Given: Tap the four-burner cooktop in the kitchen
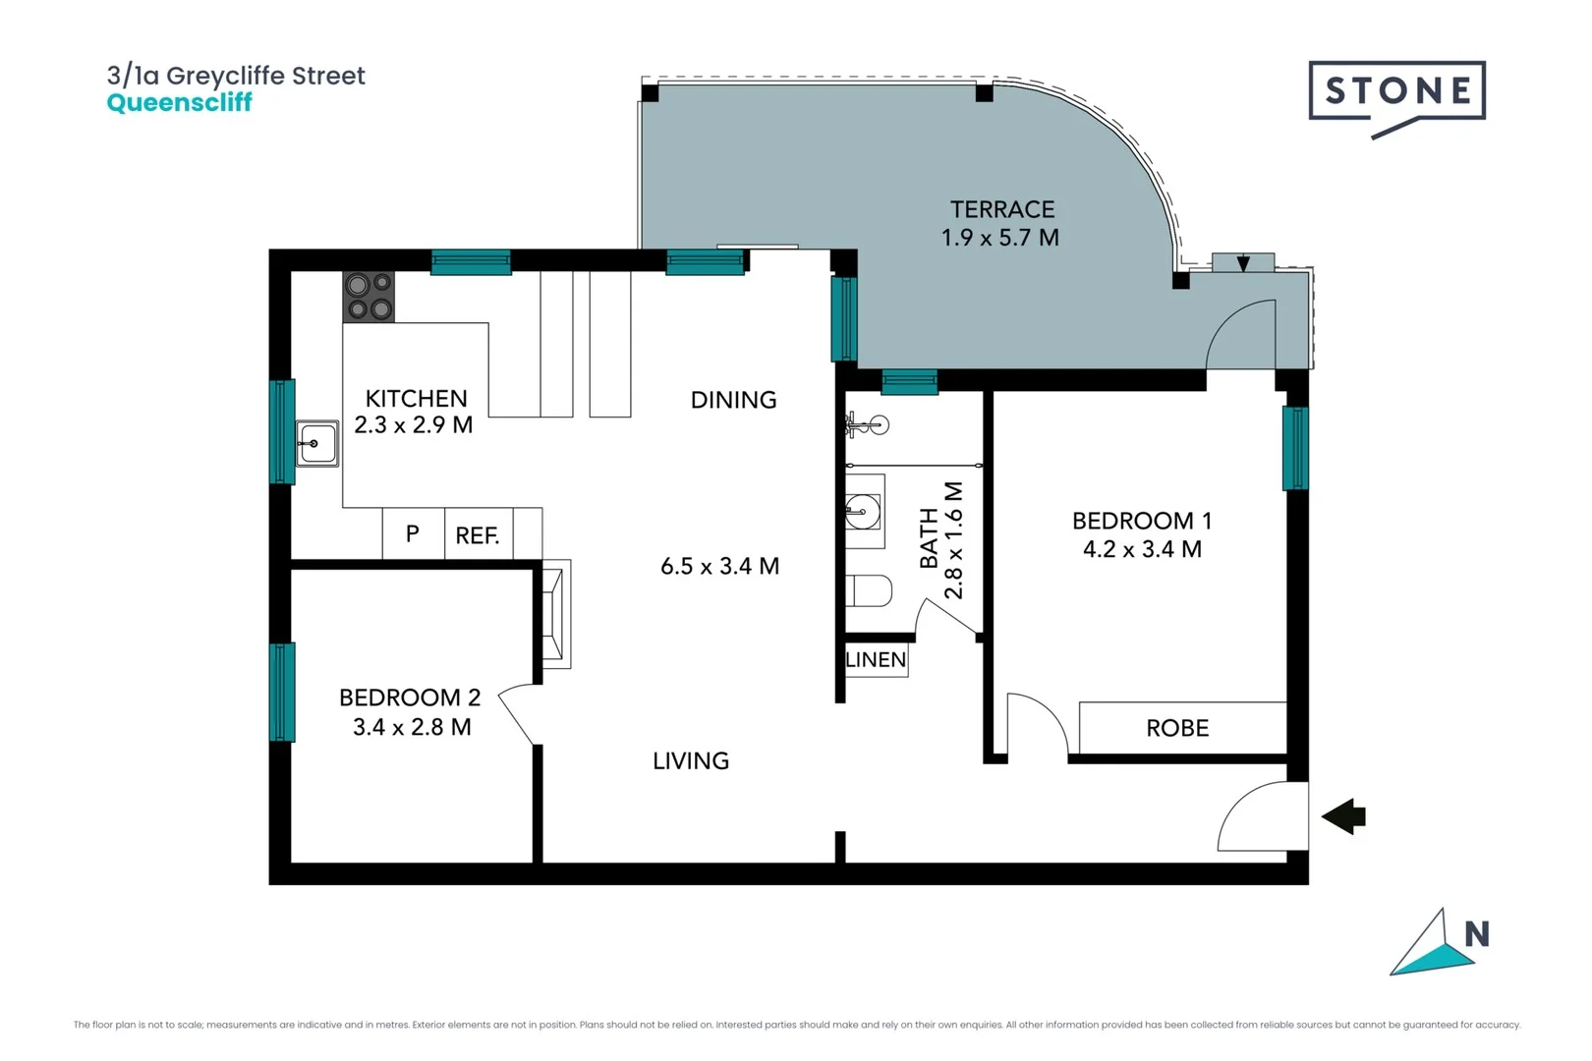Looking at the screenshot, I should point(369,297).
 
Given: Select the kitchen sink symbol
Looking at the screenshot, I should point(316,444).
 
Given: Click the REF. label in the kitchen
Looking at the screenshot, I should point(478,535).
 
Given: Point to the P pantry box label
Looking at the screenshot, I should point(413,533).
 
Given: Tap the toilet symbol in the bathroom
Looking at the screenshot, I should point(869,590).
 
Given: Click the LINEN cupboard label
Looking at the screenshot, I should point(876,660).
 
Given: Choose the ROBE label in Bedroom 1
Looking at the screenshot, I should point(1177,728).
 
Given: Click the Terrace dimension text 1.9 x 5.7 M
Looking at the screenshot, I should point(999,238).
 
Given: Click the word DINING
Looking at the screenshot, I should point(733,400).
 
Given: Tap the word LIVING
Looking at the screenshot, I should point(691,760).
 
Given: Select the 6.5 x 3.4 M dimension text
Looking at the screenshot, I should point(719,566).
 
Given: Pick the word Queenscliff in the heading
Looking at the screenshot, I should point(179,103).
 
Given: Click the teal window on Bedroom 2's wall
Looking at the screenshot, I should point(282,692).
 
